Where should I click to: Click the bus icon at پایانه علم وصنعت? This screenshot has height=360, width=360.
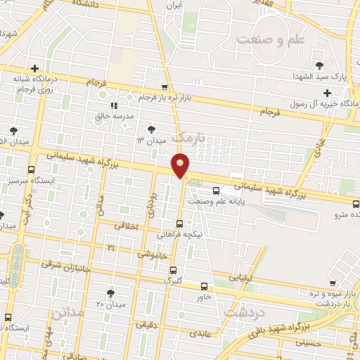tap(216, 189)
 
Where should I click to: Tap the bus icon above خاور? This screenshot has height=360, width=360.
tap(204, 286)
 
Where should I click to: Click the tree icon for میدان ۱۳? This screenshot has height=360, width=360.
tap(149, 128)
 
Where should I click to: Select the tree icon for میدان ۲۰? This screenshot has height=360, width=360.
tap(110, 292)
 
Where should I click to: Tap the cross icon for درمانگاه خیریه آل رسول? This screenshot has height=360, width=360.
tap(327, 93)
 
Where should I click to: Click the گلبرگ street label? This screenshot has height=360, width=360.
tap(172, 280)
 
